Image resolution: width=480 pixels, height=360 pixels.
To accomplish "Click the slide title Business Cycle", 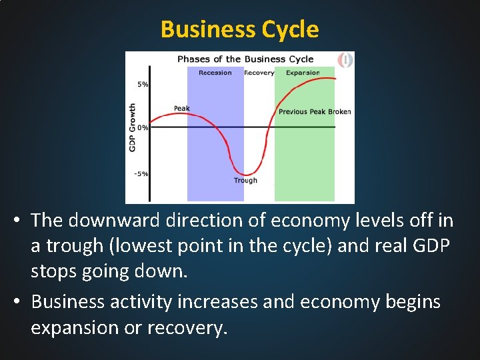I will tap(240, 30).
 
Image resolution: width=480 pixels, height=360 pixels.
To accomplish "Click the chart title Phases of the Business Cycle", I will tap(245, 59).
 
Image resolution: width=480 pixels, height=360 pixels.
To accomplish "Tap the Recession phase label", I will tap(215, 73).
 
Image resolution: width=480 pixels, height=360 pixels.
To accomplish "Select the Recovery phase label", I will tap(259, 73).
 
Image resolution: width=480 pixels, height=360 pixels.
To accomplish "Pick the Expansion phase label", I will tap(303, 73).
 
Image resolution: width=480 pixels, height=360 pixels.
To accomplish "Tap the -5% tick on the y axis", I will tap(141, 173).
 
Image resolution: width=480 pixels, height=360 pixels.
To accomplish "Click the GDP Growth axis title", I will tap(133, 127).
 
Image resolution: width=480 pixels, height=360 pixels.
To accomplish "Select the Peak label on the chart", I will tap(181, 108).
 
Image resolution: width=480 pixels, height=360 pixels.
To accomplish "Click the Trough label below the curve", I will tap(245, 181).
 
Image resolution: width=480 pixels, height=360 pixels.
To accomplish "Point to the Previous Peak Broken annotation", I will tap(315, 111).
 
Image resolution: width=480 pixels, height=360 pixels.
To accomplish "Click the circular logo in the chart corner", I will tap(345, 61).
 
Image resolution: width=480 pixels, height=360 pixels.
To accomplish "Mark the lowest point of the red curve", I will tap(245, 175).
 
